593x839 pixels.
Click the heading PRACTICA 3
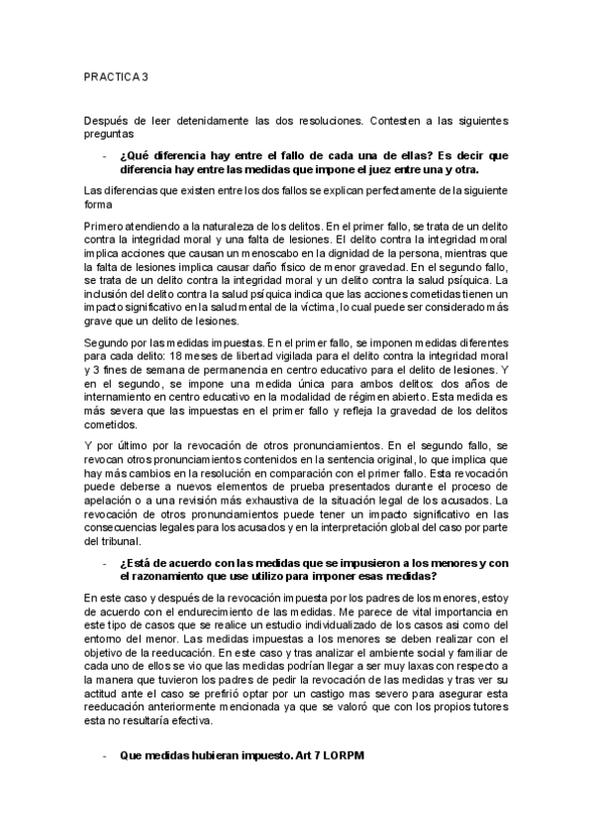(x=115, y=75)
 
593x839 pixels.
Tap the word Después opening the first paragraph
(x=105, y=122)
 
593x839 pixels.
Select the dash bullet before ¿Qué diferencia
(x=103, y=155)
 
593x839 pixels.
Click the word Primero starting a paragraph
(x=105, y=228)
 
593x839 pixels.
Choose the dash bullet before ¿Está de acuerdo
(x=103, y=565)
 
